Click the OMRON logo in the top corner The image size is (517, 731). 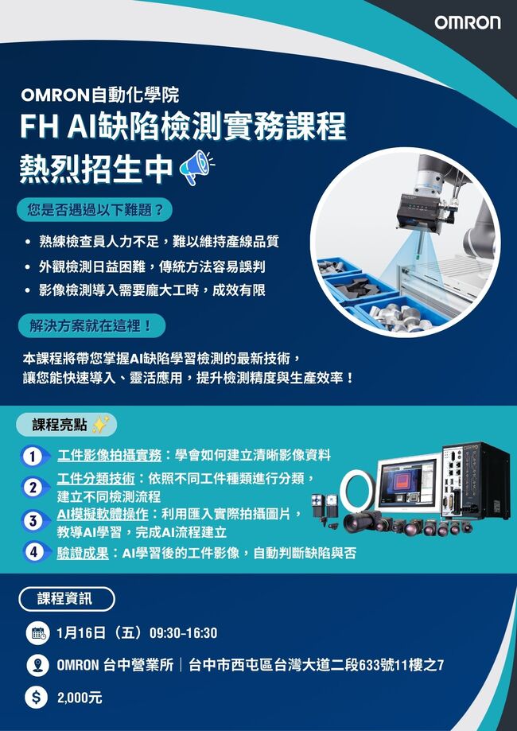pyautogui.click(x=468, y=22)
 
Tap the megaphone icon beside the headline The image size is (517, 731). pyautogui.click(x=197, y=167)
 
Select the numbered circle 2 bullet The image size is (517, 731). pyautogui.click(x=32, y=488)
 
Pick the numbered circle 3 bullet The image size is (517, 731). pyautogui.click(x=32, y=521)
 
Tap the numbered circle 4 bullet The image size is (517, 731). pyautogui.click(x=32, y=553)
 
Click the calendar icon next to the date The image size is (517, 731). pyautogui.click(x=37, y=632)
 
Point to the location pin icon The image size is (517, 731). pyautogui.click(x=37, y=665)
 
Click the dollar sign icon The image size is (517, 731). pyautogui.click(x=37, y=698)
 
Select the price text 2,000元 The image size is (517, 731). pyautogui.click(x=80, y=698)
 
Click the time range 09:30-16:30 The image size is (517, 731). pyautogui.click(x=183, y=633)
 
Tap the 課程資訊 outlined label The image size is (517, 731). pyautogui.click(x=67, y=599)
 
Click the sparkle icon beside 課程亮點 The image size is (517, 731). pyautogui.click(x=100, y=425)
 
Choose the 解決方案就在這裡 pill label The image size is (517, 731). pyautogui.click(x=91, y=325)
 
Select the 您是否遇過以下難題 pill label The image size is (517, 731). pyautogui.click(x=95, y=210)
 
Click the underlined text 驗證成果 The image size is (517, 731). pyautogui.click(x=83, y=554)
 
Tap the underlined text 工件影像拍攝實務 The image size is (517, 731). pyautogui.click(x=109, y=456)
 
